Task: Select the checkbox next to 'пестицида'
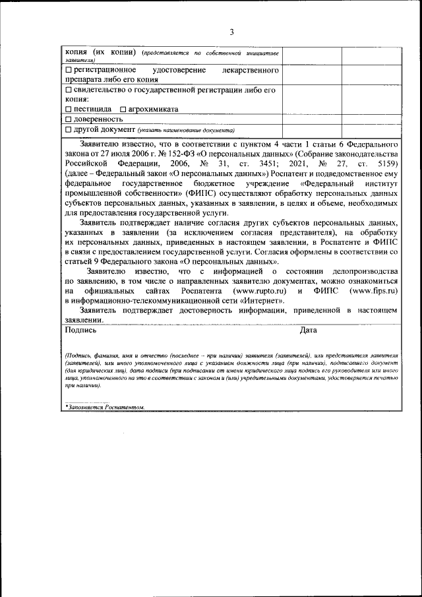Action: pyautogui.click(x=69, y=109)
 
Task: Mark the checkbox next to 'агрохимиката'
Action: pyautogui.click(x=122, y=109)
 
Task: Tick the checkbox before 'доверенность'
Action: pyautogui.click(x=69, y=119)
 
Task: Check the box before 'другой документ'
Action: pyautogui.click(x=69, y=129)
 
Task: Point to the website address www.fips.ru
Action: pyautogui.click(x=373, y=291)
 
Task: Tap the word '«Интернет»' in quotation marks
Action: pyautogui.click(x=264, y=301)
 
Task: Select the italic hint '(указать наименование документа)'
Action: pyautogui.click(x=182, y=130)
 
